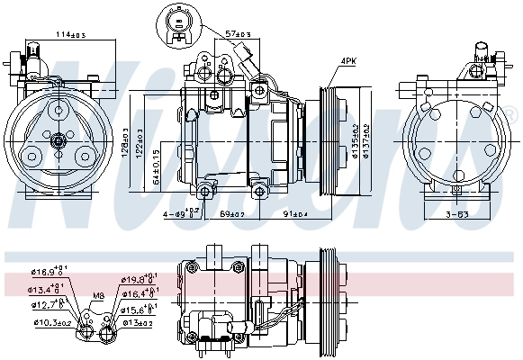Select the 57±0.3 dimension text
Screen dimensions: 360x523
pyautogui.click(x=238, y=34)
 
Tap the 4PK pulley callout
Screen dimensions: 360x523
pyautogui.click(x=347, y=61)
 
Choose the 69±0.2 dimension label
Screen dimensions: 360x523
pyautogui.click(x=234, y=215)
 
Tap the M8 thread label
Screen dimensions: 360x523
pyautogui.click(x=97, y=295)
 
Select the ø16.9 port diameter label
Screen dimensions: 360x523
pyautogui.click(x=46, y=269)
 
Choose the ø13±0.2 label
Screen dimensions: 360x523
pyautogui.click(x=137, y=322)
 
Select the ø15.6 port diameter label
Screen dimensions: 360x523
pyautogui.click(x=138, y=309)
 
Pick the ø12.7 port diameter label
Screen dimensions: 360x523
pyautogui.click(x=46, y=304)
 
